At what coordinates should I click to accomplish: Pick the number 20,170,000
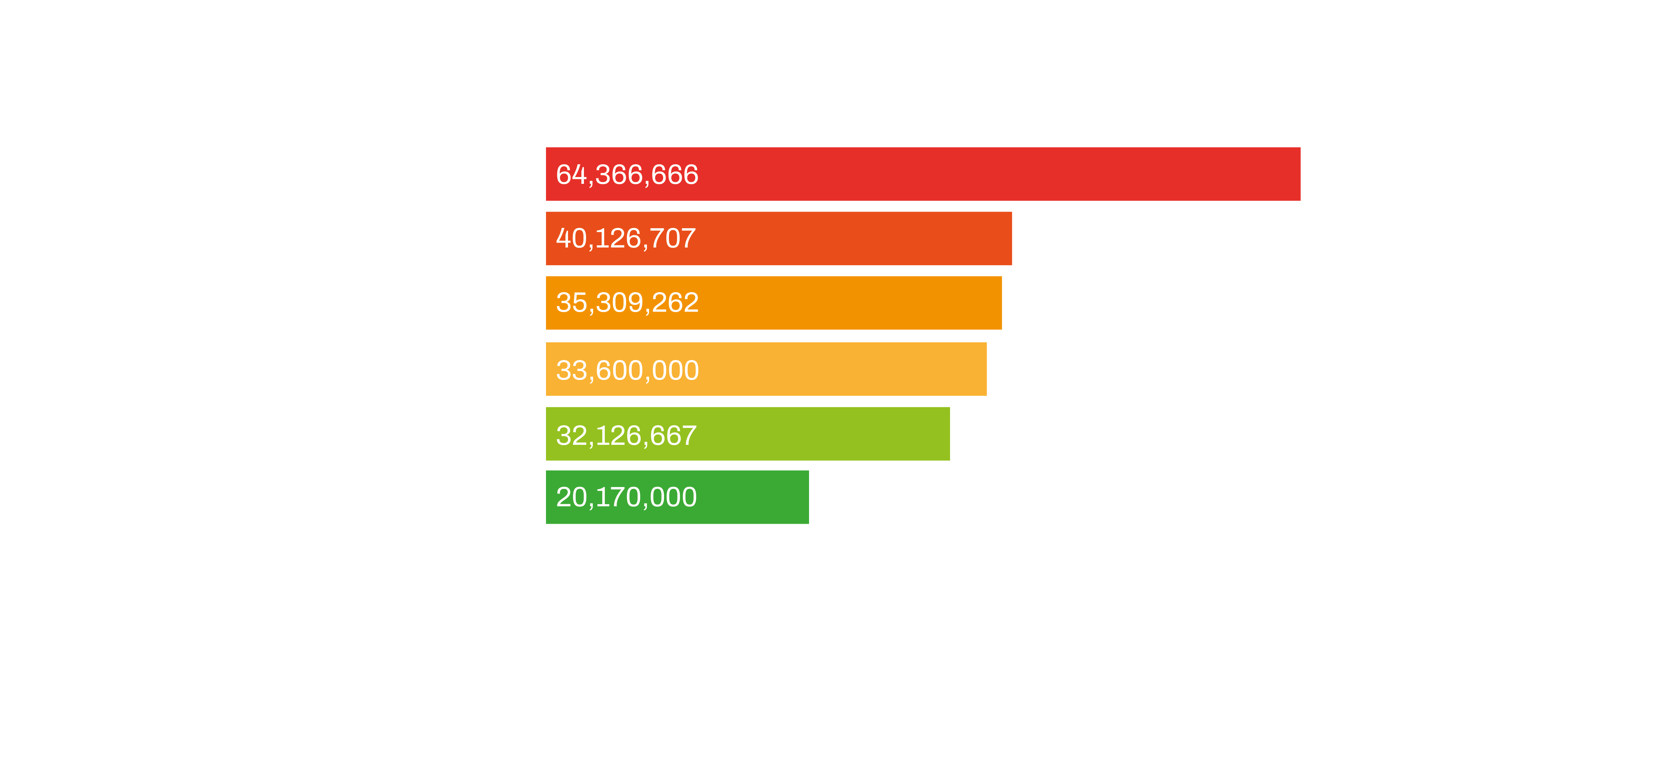(626, 497)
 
